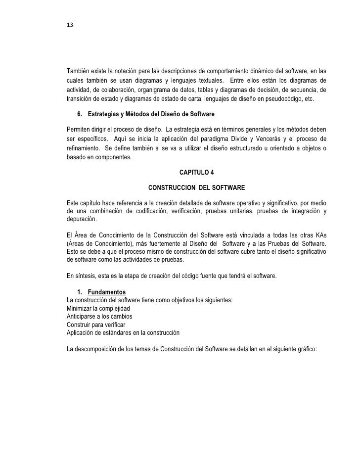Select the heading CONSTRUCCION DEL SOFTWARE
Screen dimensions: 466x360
tap(196, 188)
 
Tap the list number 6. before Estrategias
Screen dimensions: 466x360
tap(81, 115)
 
